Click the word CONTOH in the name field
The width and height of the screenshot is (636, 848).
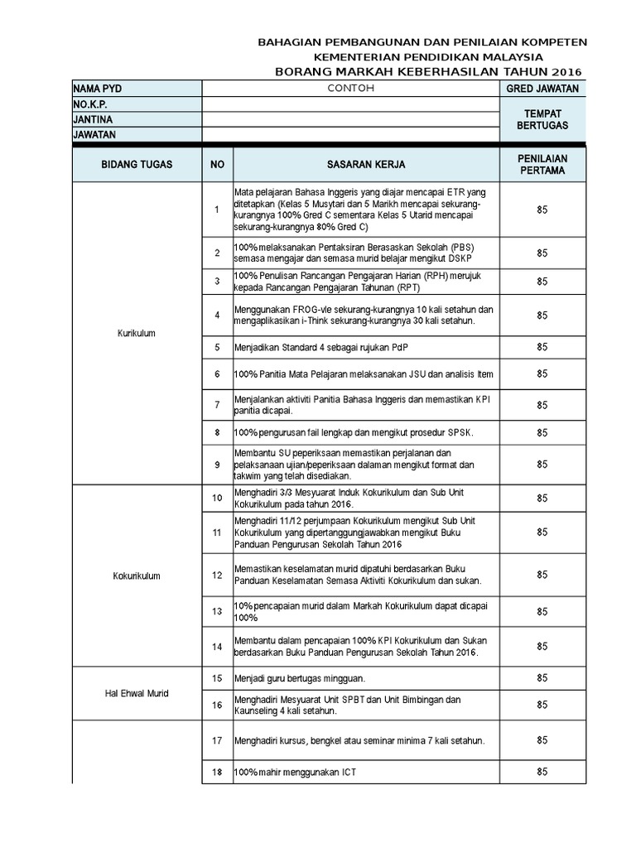point(351,88)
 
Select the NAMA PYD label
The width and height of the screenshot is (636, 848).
point(97,89)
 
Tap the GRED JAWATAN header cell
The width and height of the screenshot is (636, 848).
point(542,89)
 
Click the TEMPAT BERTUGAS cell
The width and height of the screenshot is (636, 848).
point(542,119)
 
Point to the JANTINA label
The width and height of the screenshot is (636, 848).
point(93,119)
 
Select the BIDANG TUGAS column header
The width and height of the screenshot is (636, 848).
point(137,165)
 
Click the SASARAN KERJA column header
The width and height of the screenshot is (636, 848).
point(365,165)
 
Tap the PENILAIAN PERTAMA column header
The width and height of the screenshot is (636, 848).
point(542,164)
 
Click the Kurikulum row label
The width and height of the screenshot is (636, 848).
point(137,333)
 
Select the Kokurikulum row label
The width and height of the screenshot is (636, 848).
point(137,576)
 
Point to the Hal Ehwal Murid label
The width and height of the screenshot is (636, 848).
point(137,693)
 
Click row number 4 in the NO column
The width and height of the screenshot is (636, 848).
point(217,316)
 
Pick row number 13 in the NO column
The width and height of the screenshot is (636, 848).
point(217,612)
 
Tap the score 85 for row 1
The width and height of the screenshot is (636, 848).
point(542,210)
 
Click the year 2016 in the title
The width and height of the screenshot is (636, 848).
point(567,72)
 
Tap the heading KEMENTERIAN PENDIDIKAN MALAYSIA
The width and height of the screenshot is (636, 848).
point(422,57)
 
